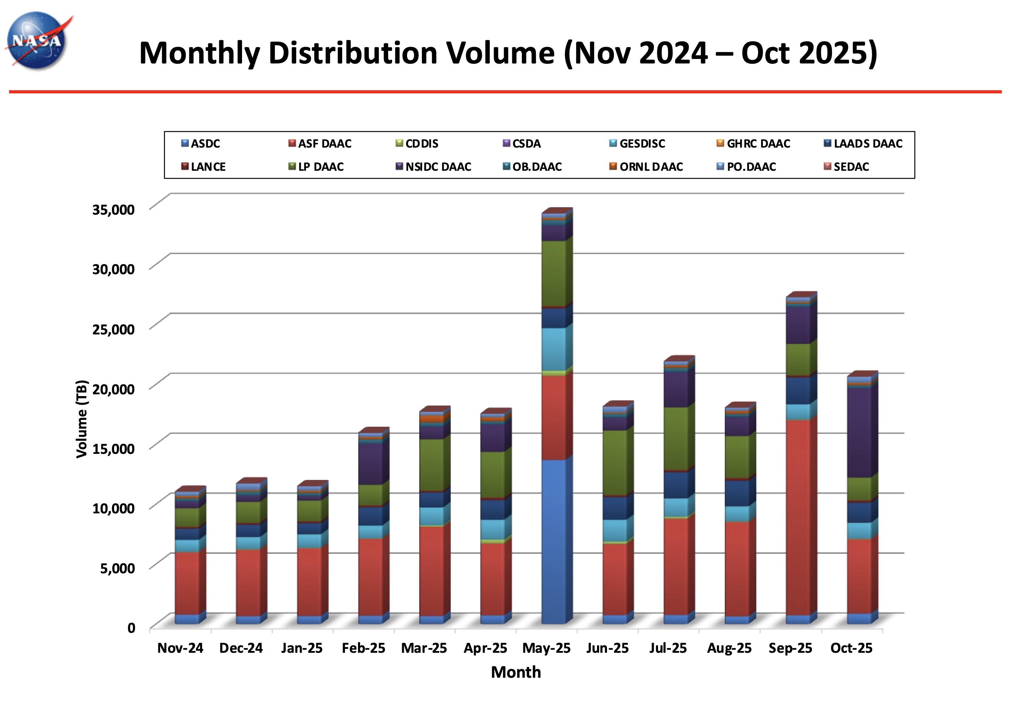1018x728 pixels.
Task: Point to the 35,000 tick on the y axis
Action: coord(113,209)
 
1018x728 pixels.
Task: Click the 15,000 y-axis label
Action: coord(113,448)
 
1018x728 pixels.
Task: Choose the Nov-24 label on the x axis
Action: coord(180,648)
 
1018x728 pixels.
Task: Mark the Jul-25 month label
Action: coord(668,648)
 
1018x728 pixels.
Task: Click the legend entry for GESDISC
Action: coord(642,143)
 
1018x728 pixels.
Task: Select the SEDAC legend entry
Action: coord(851,167)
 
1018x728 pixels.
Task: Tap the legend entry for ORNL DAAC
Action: coord(651,167)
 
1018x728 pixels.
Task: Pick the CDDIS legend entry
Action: coord(421,143)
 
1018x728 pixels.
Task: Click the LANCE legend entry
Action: coord(208,167)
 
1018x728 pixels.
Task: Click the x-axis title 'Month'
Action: coord(516,672)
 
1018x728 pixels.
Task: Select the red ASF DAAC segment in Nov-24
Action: coord(187,583)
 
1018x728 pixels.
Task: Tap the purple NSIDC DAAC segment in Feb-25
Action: coord(371,464)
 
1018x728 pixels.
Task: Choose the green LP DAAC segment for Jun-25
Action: coord(615,463)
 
